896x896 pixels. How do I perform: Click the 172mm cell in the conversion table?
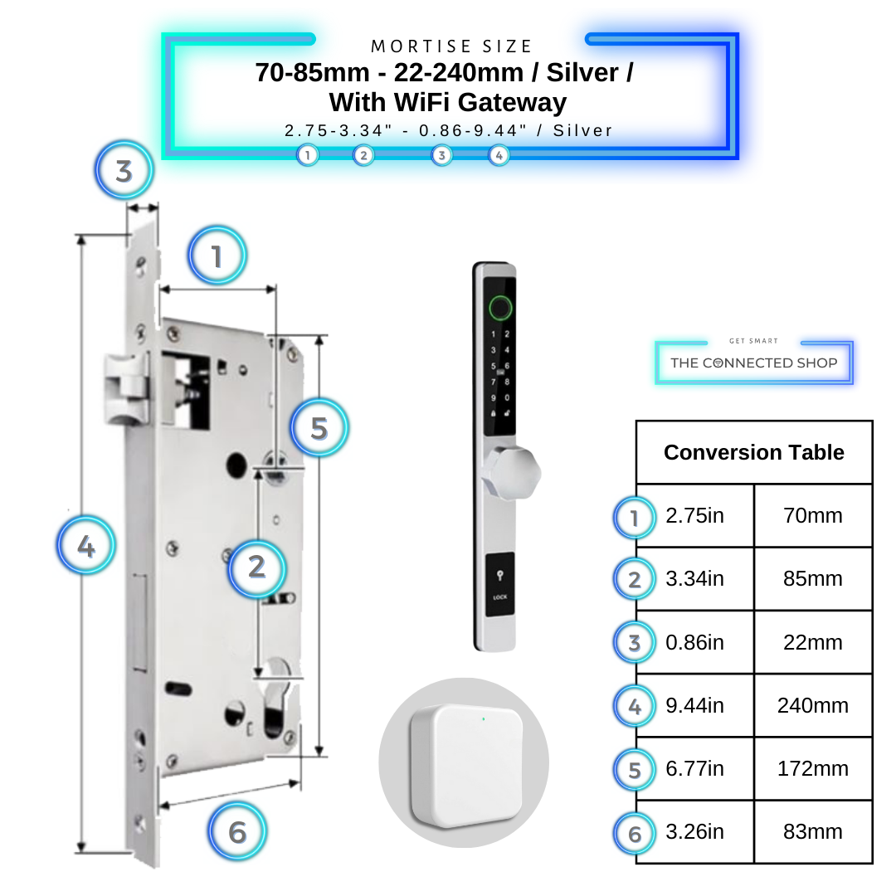[813, 768]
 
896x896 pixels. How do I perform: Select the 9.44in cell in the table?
[695, 705]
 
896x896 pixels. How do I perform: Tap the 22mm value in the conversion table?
[813, 642]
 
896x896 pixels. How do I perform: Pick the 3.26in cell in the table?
[695, 831]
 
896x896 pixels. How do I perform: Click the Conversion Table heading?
[753, 452]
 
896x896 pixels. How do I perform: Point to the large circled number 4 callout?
[86, 546]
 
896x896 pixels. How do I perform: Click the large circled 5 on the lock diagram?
[319, 428]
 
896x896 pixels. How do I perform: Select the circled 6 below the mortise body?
[237, 831]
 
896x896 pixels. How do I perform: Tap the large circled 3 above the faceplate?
[124, 172]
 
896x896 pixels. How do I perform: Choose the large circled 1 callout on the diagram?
[217, 256]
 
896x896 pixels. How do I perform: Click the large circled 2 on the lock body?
[257, 567]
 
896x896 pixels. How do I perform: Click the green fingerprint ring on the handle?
[499, 308]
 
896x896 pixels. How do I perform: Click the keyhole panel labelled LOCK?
[499, 585]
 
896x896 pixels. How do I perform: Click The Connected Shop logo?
[753, 362]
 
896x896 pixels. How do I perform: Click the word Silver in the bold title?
[586, 73]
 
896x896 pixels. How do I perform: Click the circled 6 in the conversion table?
[635, 832]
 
